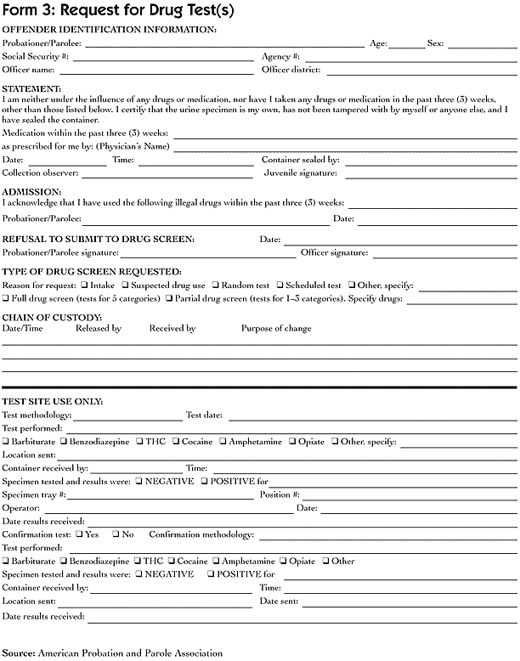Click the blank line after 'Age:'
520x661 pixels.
tap(407, 43)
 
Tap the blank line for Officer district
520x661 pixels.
tap(421, 71)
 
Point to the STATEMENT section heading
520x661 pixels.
tap(32, 88)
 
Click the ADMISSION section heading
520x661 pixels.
tap(31, 192)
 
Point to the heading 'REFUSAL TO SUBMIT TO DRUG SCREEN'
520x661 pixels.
tap(99, 240)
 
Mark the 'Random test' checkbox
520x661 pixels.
tap(216, 286)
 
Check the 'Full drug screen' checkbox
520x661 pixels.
tap(6, 299)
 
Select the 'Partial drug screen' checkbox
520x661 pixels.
tap(170, 299)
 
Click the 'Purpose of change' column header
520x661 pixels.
tap(276, 329)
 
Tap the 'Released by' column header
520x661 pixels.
tap(99, 329)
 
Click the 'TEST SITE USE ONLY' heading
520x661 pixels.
tap(53, 400)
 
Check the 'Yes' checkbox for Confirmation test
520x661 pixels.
tap(79, 534)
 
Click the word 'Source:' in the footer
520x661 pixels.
tap(19, 653)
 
